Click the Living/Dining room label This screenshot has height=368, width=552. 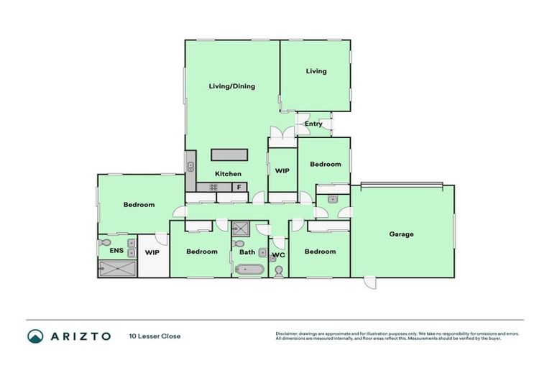pyautogui.click(x=231, y=86)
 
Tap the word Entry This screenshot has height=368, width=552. pyautogui.click(x=313, y=124)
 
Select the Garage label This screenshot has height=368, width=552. pyautogui.click(x=401, y=234)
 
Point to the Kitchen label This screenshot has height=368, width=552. pyautogui.click(x=229, y=174)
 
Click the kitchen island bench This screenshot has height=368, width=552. pyautogui.click(x=229, y=155)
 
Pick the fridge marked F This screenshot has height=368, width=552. pyautogui.click(x=238, y=188)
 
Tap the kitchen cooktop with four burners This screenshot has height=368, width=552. pyautogui.click(x=213, y=188)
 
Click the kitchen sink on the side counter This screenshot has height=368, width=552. pyautogui.click(x=190, y=167)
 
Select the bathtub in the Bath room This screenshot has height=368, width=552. pyautogui.click(x=249, y=270)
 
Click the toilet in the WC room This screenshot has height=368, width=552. pyautogui.click(x=279, y=270)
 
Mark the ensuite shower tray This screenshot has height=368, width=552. pyautogui.click(x=116, y=269)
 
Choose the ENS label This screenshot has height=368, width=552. pyautogui.click(x=116, y=251)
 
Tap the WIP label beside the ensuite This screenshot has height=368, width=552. pyautogui.click(x=152, y=252)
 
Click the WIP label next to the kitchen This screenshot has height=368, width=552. pyautogui.click(x=282, y=171)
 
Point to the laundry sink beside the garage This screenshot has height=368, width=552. pyautogui.click(x=332, y=198)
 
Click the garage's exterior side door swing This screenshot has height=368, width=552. pyautogui.click(x=369, y=282)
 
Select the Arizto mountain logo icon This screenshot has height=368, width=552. pyautogui.click(x=36, y=336)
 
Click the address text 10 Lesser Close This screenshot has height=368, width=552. pyautogui.click(x=155, y=336)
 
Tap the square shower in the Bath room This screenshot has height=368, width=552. pyautogui.click(x=240, y=229)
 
